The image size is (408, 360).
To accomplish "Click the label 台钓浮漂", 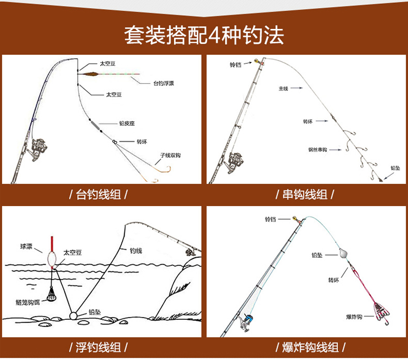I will click(164, 83).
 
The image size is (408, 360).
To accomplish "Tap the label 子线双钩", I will click(170, 155).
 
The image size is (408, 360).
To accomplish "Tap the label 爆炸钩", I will click(354, 316).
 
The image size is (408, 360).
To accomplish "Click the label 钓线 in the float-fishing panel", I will click(135, 251).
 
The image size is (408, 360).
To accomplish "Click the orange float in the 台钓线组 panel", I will click(90, 73).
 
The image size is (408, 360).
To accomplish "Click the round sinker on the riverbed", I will click(74, 315).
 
